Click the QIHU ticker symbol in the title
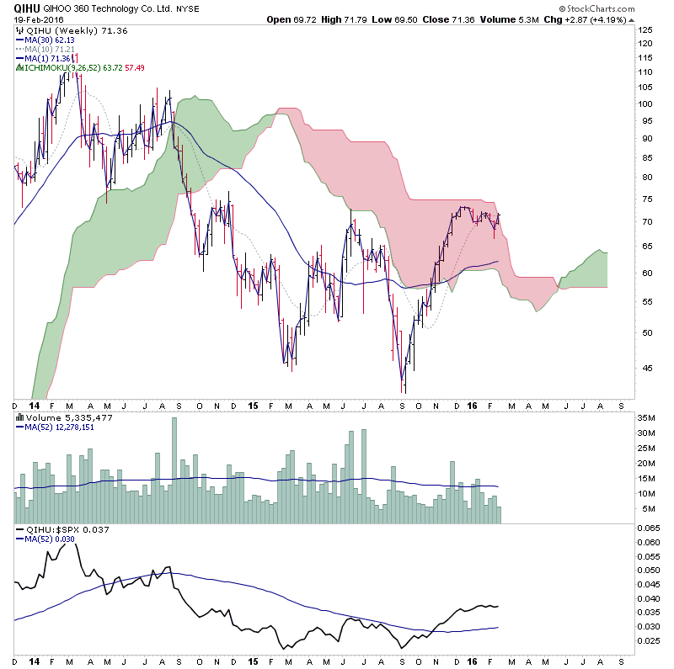[28, 8]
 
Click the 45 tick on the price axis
[645, 367]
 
